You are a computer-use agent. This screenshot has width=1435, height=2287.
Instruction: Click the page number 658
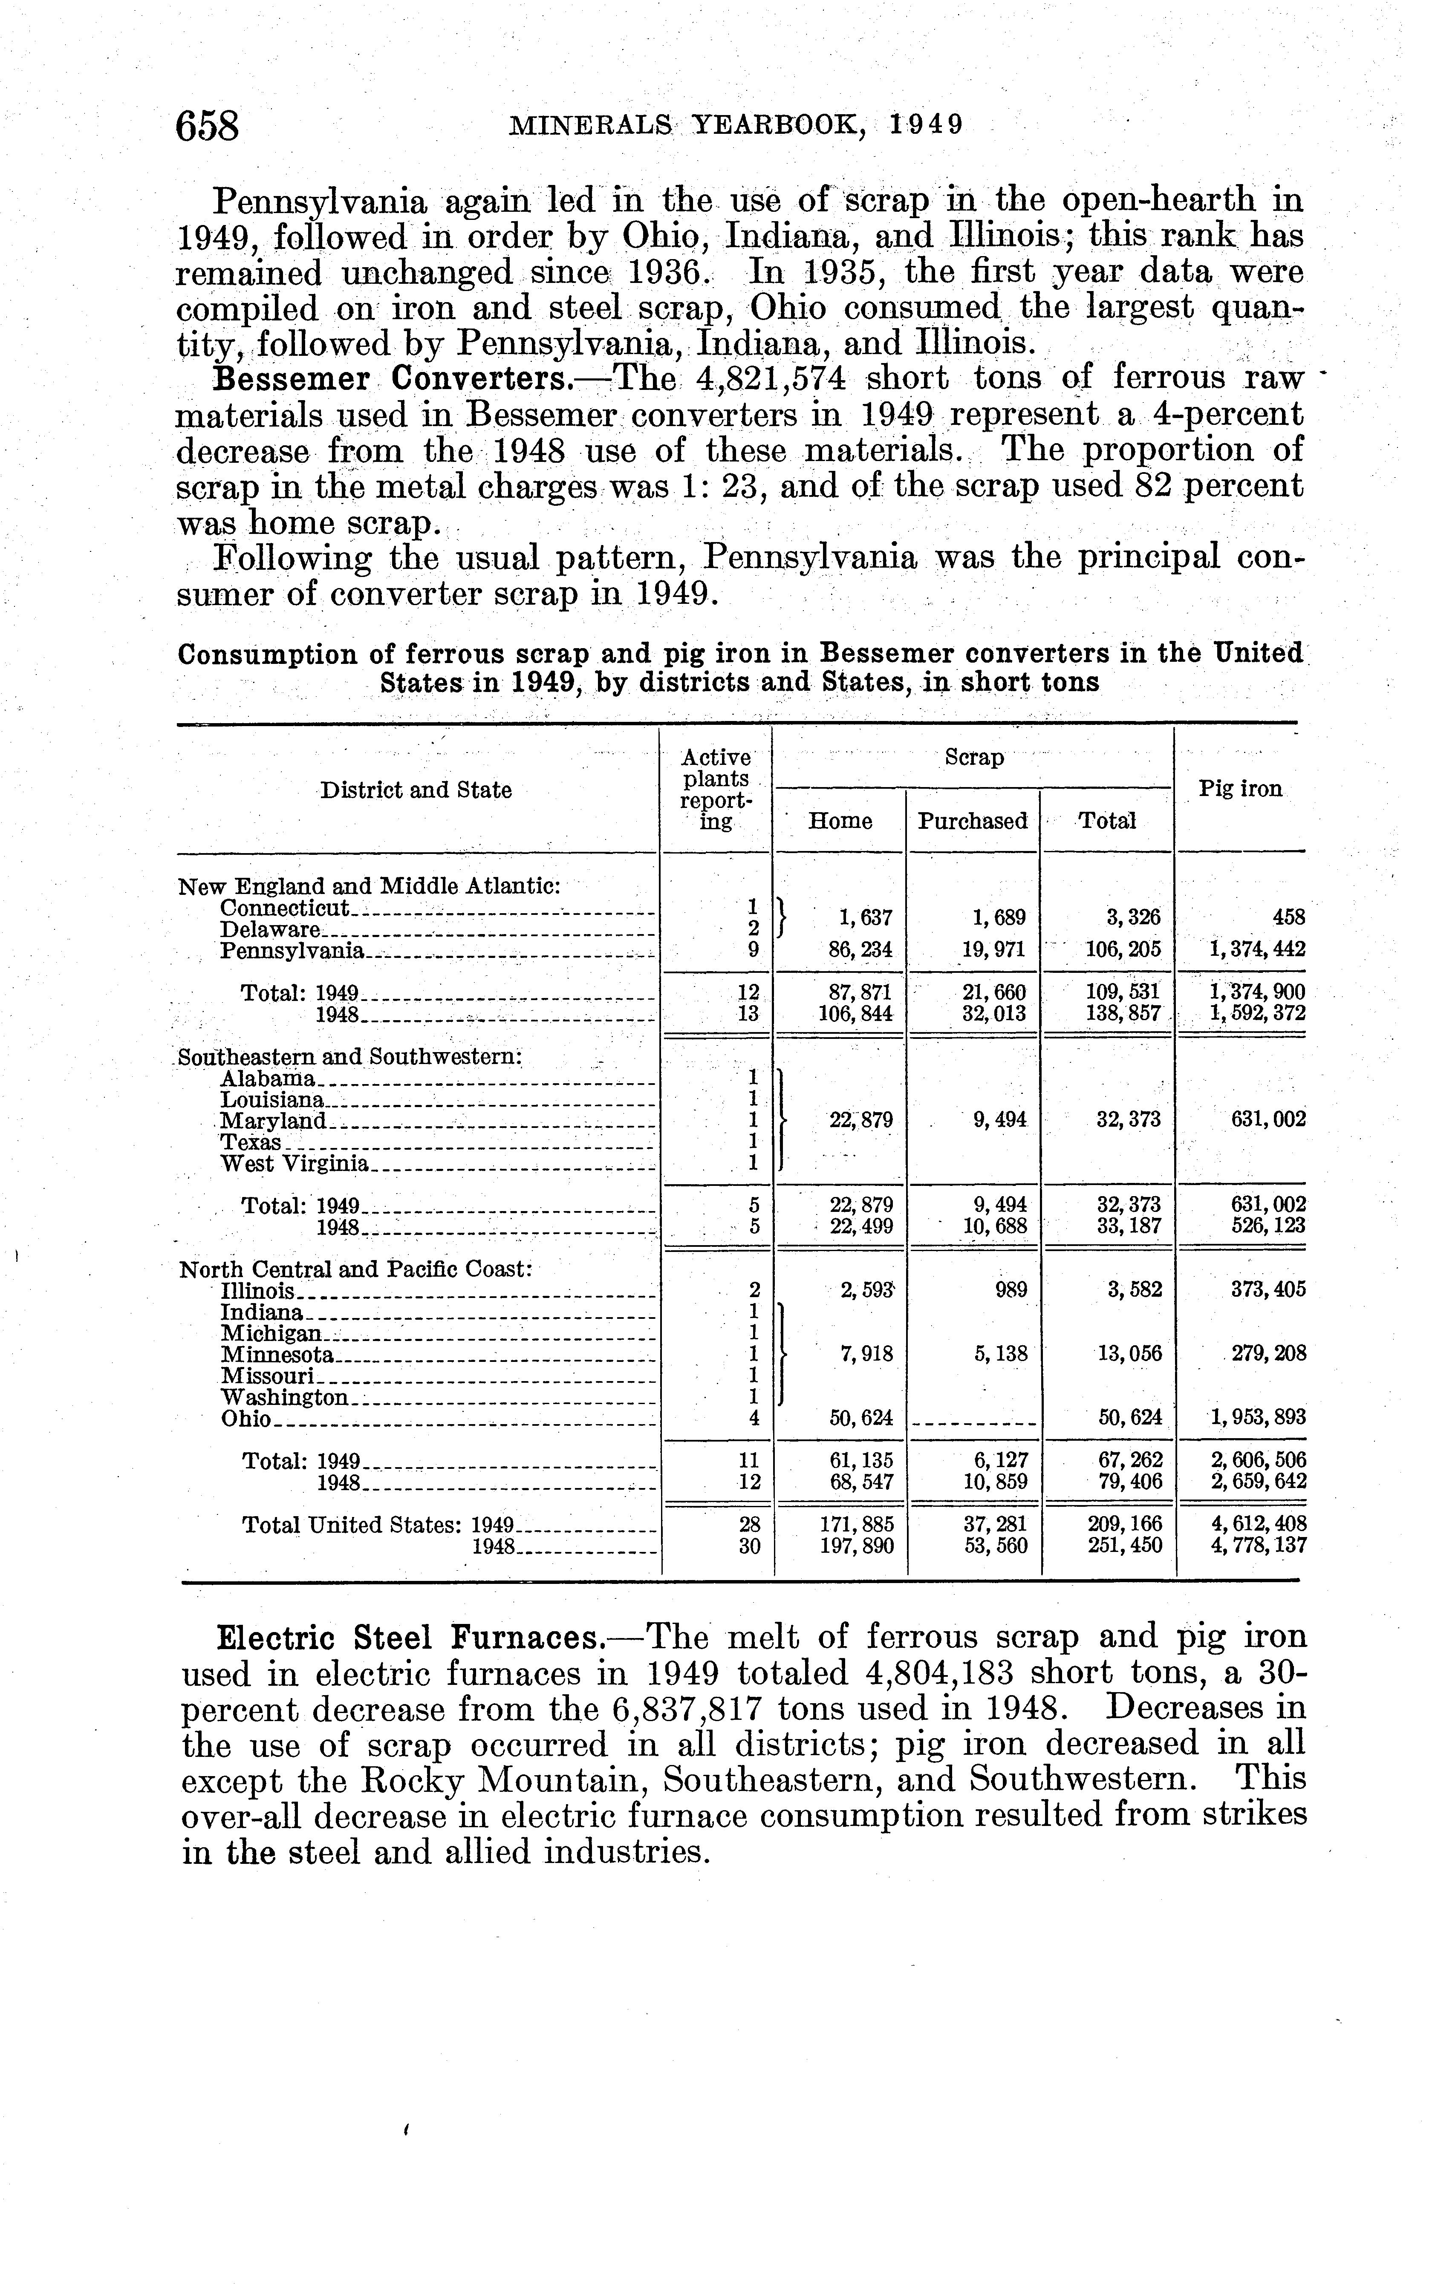click(207, 126)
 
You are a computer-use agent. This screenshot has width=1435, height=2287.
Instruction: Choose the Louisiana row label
click(272, 1100)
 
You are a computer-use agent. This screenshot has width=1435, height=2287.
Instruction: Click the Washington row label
click(284, 1398)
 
